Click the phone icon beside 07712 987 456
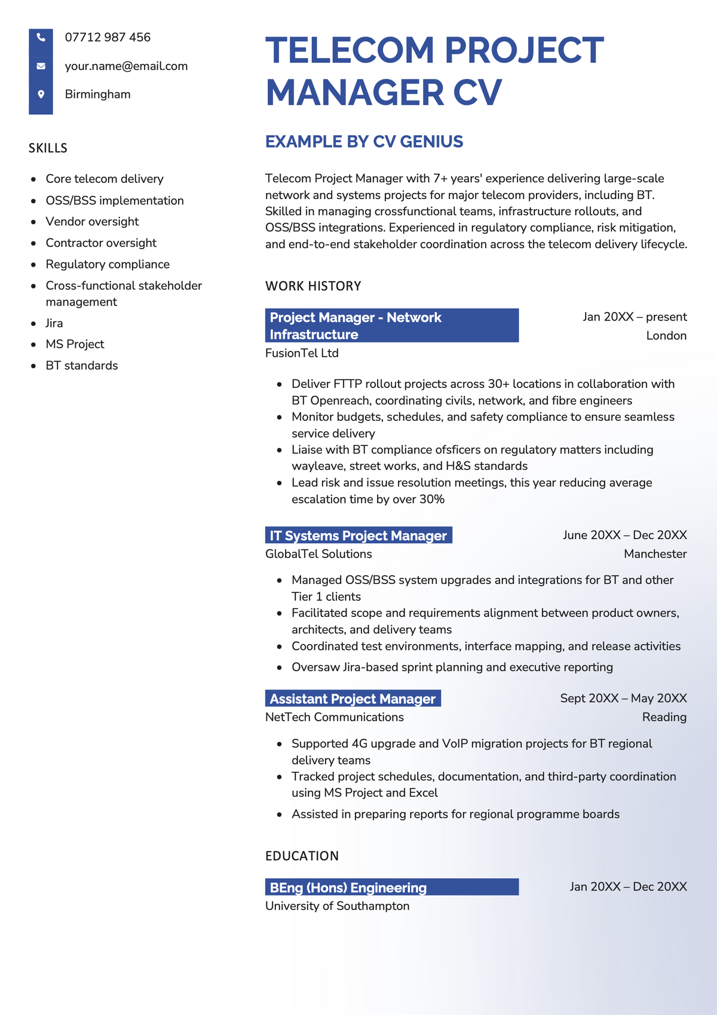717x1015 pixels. [x=41, y=38]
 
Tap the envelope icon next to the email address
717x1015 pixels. [x=41, y=66]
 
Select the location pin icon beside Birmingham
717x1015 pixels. [x=41, y=94]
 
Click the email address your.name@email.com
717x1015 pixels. [x=126, y=66]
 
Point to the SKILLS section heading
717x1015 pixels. [x=48, y=148]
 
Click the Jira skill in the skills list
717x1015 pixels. [x=54, y=323]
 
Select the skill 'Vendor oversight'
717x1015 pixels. [x=92, y=222]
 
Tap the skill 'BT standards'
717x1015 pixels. [x=82, y=366]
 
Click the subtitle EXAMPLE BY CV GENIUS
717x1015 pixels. [x=364, y=142]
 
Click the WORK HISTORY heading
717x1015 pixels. [x=313, y=286]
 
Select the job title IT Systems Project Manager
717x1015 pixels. [x=358, y=536]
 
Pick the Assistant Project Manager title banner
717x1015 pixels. [x=353, y=699]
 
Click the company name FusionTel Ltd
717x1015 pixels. [x=302, y=353]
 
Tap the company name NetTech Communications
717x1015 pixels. [x=334, y=717]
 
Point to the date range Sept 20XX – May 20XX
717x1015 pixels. [x=623, y=698]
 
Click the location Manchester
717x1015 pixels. [x=655, y=554]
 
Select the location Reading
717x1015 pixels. [x=664, y=717]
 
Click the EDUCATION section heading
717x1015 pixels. [x=302, y=856]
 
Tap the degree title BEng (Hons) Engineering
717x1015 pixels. [x=348, y=888]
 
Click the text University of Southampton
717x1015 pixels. [x=337, y=906]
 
